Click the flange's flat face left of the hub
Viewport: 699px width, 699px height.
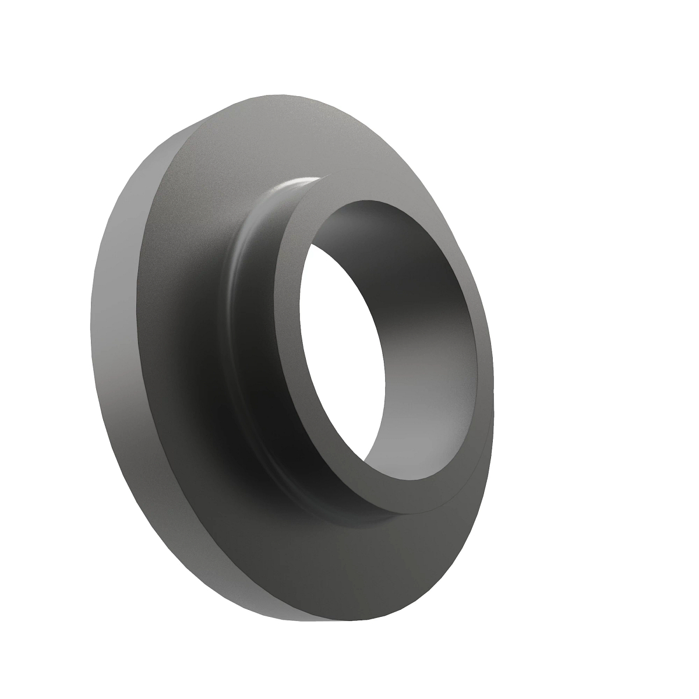coord(175,349)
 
